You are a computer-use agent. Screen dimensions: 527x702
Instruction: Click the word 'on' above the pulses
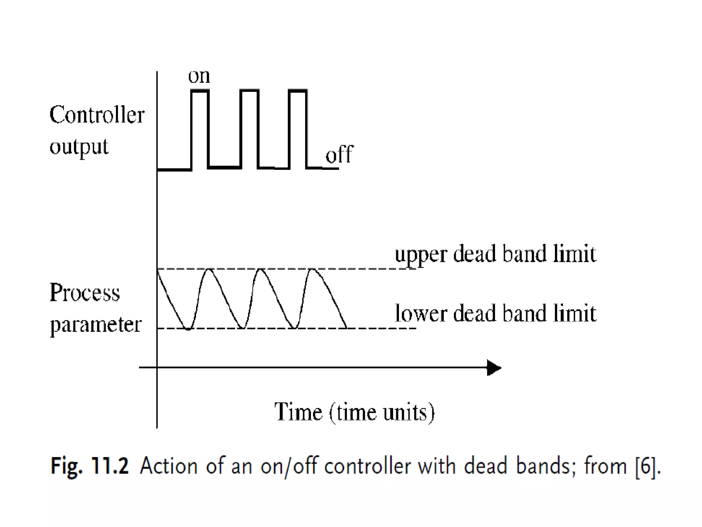coord(199,77)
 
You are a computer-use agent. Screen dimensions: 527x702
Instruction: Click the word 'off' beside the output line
coord(339,155)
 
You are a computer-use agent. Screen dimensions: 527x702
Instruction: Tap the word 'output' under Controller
coord(79,147)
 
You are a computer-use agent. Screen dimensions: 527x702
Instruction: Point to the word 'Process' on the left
coord(85,293)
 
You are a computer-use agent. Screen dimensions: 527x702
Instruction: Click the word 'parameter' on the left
coord(96,324)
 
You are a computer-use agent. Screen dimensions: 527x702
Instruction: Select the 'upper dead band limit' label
coord(495,255)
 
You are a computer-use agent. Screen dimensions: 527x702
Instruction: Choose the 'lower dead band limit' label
coord(495,314)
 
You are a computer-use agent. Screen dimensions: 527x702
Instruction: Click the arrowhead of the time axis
coord(494,368)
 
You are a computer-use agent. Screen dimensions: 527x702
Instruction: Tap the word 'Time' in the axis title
coord(298,412)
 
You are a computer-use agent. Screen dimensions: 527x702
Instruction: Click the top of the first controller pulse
coord(199,91)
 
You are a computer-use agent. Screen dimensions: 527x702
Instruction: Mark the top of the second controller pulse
coord(249,91)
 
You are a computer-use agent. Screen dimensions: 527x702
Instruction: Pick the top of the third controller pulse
coord(298,91)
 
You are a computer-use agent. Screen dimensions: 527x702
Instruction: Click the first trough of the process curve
coord(187,329)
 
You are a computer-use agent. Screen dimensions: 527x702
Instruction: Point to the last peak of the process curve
coord(313,270)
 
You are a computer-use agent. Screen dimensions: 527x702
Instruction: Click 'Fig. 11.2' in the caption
coord(89,466)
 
